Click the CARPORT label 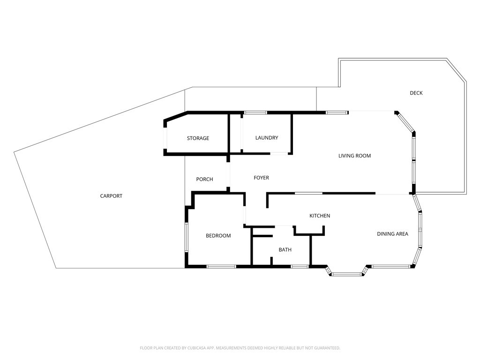[111, 196]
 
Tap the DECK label [416, 93]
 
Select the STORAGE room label [198, 138]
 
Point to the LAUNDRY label [267, 138]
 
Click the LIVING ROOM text [354, 156]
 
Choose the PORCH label [204, 179]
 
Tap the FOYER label [261, 178]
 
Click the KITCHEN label [320, 216]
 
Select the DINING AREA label [392, 234]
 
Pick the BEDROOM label [218, 236]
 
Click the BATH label [285, 250]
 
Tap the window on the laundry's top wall [255, 112]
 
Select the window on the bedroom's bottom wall [221, 267]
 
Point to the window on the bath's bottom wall [300, 267]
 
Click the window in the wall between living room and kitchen [308, 193]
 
